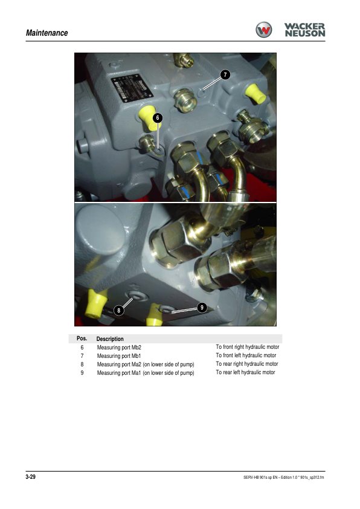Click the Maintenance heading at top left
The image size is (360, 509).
tap(47, 33)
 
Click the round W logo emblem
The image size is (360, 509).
tap(264, 30)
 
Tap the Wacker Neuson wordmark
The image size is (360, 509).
tap(304, 30)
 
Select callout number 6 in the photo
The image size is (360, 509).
tap(158, 117)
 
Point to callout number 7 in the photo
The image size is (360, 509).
tap(225, 75)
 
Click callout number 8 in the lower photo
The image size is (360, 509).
tap(119, 310)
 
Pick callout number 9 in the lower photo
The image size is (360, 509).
tap(202, 308)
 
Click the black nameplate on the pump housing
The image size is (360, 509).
tap(132, 88)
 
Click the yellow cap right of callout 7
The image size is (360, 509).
tap(256, 94)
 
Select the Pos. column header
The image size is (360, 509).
tap(82, 339)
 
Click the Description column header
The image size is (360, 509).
tap(110, 339)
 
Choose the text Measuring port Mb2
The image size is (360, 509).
tap(119, 348)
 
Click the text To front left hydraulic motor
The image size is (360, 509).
tap(246, 355)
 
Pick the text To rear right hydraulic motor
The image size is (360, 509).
tap(247, 364)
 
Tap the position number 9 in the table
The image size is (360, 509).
tap(82, 372)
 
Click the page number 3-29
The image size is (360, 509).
tap(31, 477)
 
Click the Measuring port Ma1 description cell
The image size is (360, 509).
tap(146, 373)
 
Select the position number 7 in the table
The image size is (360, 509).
tap(82, 356)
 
